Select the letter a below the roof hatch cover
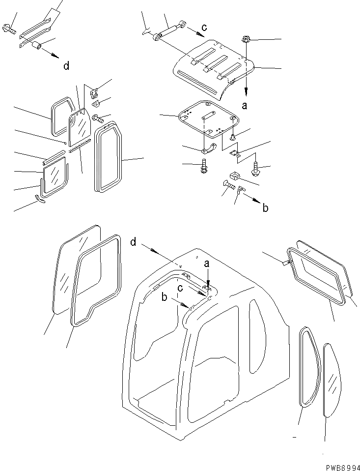click(x=246, y=105)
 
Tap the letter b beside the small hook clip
click(x=266, y=208)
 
